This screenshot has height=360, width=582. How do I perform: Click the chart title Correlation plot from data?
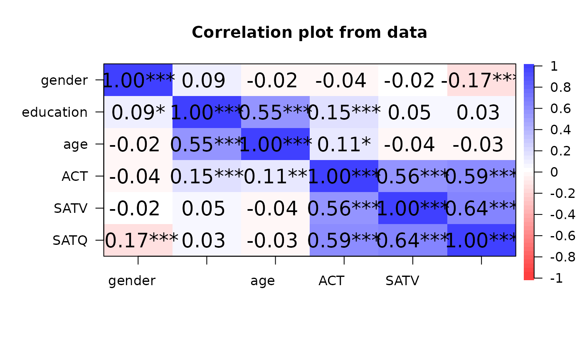coord(309,32)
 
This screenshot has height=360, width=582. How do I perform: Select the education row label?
coord(55,112)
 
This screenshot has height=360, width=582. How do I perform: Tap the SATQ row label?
coord(70,240)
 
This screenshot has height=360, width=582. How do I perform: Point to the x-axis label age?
coord(262,281)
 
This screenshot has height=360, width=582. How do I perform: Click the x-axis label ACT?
coord(331,281)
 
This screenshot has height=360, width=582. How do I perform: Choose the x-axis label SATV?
coord(402,281)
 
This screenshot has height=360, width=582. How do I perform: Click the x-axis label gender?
coord(132,281)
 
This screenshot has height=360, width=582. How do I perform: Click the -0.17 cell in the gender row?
coord(481,80)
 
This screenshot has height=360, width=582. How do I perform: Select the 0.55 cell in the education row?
coord(275,112)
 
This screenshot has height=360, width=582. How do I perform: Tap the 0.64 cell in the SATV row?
coord(481,208)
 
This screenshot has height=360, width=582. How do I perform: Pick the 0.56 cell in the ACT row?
coord(412,176)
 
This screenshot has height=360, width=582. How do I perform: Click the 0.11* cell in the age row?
coord(344,144)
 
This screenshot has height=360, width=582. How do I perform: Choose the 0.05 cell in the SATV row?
coord(207,208)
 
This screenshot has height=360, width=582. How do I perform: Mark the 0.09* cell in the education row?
coord(138,112)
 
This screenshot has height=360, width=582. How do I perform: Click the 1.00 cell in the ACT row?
coord(344,176)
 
